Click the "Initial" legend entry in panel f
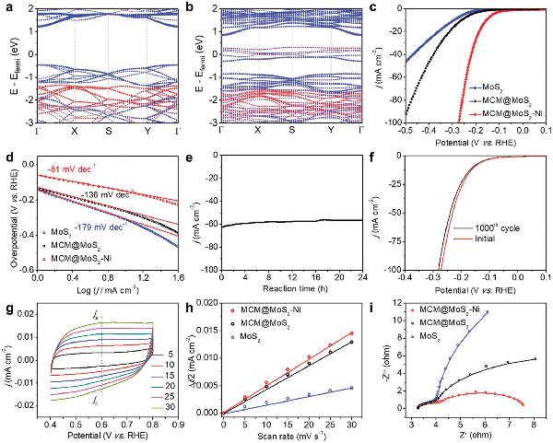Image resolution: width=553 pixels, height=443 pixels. (x=465, y=238)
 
